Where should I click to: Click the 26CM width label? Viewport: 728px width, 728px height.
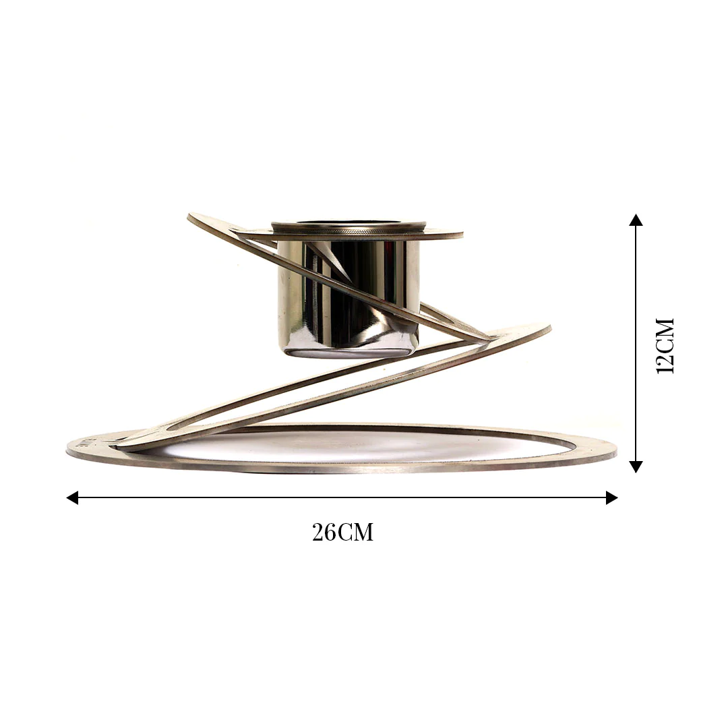[x=342, y=533]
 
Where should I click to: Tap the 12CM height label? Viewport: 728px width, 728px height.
[x=665, y=346]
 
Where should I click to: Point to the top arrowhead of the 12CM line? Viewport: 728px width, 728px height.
[x=636, y=220]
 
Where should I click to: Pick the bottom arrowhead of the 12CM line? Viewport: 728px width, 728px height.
[x=636, y=466]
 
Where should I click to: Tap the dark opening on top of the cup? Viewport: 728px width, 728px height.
[x=349, y=223]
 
